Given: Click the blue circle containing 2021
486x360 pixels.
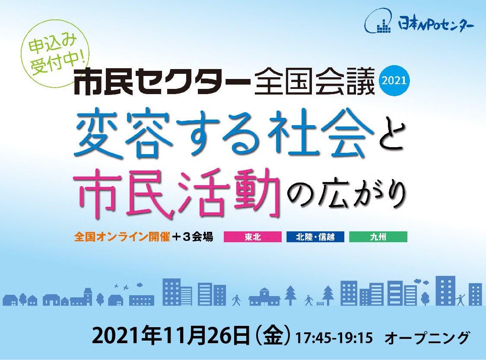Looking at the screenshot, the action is [394, 81].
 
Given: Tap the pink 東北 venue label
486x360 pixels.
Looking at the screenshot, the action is [253, 237].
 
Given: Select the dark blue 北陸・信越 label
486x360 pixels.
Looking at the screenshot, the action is [315, 237].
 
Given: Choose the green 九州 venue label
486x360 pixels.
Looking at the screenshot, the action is [378, 237].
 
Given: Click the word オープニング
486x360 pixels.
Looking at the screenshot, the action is [427, 338].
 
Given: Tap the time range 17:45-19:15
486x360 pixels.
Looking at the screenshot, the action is [334, 338].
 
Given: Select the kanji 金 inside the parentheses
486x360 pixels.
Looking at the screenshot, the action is [273, 335].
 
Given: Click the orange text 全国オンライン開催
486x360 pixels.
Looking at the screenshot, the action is [122, 237].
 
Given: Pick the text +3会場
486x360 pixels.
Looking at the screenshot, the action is [193, 237].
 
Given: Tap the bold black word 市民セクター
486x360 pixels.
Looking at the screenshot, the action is [162, 81].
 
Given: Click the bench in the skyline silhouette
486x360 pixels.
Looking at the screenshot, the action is [320, 303].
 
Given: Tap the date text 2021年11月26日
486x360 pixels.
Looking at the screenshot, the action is [171, 335].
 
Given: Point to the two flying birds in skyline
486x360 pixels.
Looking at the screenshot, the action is [121, 287].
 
